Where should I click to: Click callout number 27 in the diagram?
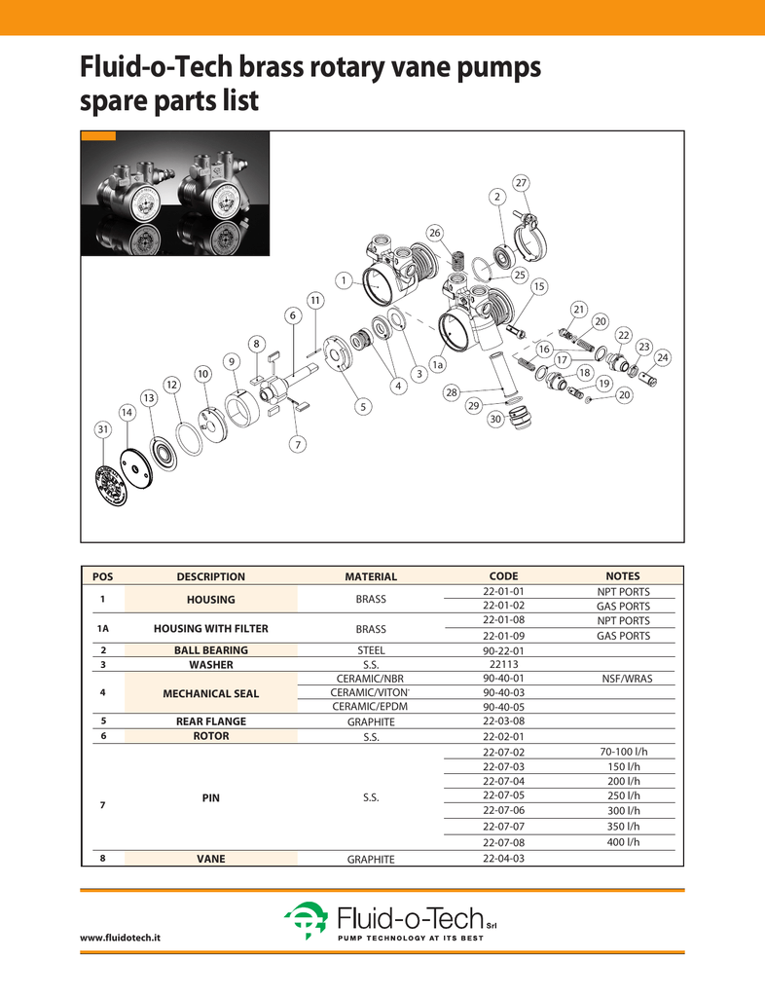coord(521,183)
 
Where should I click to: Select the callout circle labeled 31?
coord(101,429)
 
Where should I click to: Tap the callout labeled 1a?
coord(438,364)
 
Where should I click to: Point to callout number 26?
coord(435,232)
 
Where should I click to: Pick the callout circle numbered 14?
coord(127,413)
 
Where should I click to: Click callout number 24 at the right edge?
coord(663,358)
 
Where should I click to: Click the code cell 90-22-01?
coord(503,650)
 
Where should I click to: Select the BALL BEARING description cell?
coord(210,649)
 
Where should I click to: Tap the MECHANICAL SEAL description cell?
coord(210,693)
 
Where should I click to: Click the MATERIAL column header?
coord(371,576)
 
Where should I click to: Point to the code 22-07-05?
coord(503,795)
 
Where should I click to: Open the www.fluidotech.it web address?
coord(120,937)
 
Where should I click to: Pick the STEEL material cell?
coord(371,650)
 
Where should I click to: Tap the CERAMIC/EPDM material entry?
coord(371,707)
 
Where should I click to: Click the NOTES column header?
coord(623,575)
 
